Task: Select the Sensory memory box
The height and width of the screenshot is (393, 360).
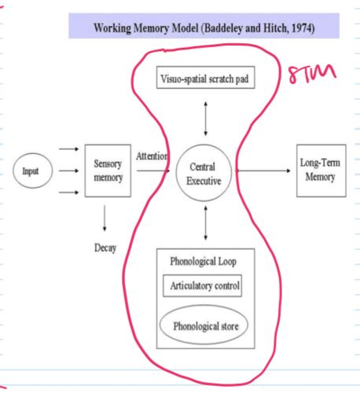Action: tap(108, 171)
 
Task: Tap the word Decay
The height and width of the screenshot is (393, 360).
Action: tap(105, 248)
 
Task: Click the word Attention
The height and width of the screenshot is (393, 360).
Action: tap(151, 156)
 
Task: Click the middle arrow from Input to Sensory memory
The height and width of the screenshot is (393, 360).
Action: tap(68, 170)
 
